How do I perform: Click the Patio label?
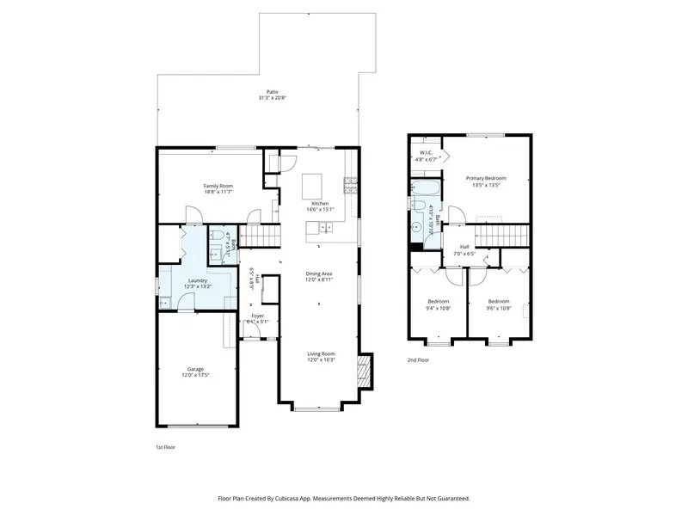(272, 92)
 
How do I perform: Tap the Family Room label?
(218, 186)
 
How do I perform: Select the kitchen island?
(313, 183)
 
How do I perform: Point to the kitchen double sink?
(327, 227)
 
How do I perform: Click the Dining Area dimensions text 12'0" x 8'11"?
(318, 279)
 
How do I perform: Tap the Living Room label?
(322, 353)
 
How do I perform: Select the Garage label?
(196, 369)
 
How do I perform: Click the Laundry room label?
(200, 279)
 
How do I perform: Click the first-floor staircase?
(263, 236)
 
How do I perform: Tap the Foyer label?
(257, 316)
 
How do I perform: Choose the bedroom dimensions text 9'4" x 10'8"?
(439, 307)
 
